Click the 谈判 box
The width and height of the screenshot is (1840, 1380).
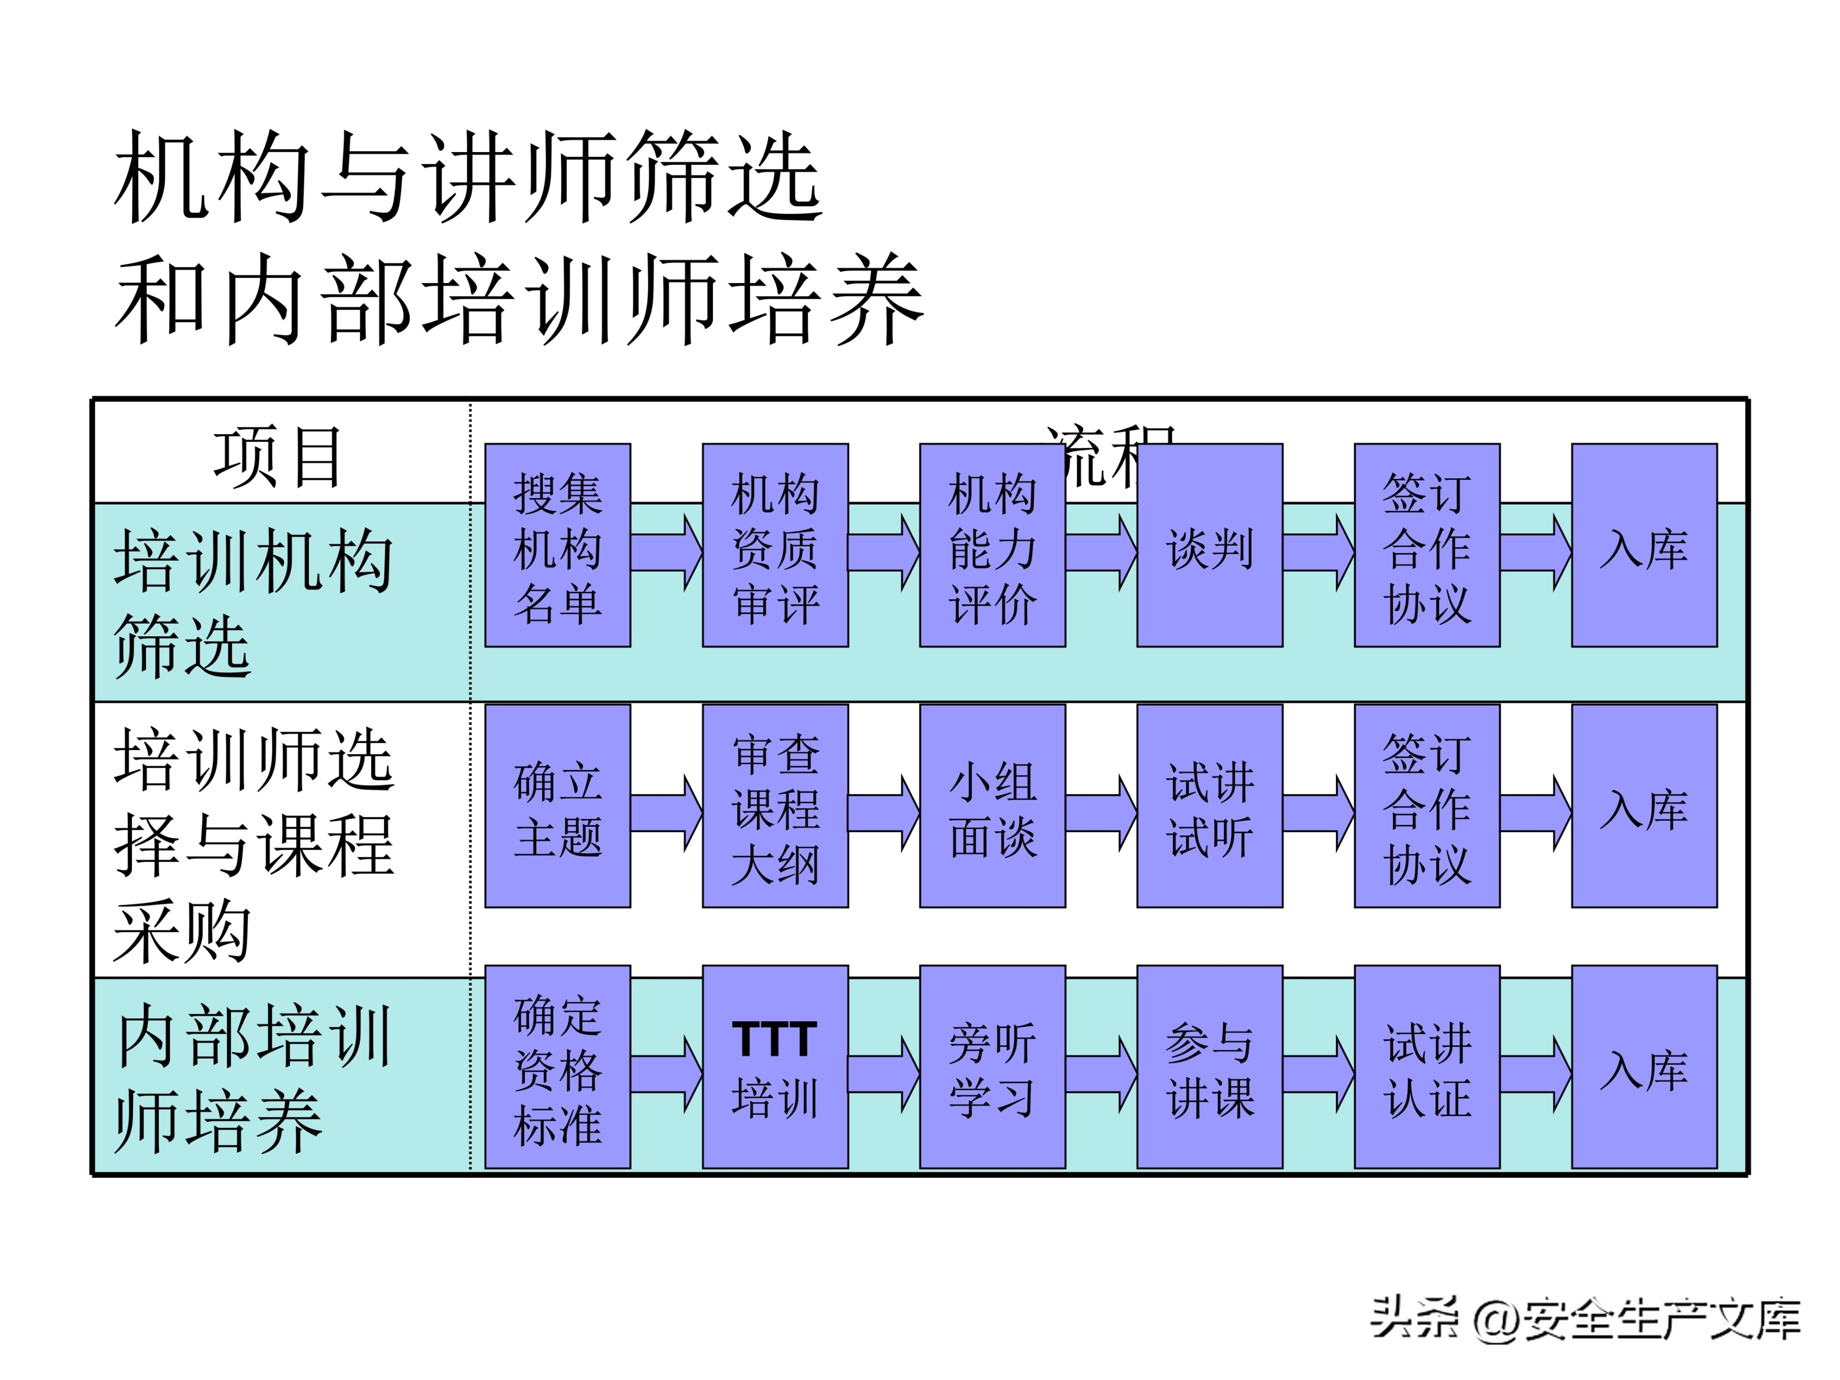click(1210, 546)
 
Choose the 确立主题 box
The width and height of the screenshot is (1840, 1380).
click(558, 806)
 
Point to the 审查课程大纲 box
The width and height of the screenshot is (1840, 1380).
click(775, 806)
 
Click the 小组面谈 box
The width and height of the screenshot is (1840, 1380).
click(993, 806)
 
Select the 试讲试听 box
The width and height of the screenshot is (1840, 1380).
click(1210, 806)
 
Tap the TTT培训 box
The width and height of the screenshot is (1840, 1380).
click(775, 1067)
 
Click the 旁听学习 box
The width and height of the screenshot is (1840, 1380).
click(993, 1067)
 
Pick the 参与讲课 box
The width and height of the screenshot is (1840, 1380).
click(1210, 1067)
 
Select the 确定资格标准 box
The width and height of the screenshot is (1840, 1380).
click(558, 1067)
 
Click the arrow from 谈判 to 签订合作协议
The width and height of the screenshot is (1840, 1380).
click(1318, 552)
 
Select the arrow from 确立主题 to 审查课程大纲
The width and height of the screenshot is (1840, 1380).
click(665, 813)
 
